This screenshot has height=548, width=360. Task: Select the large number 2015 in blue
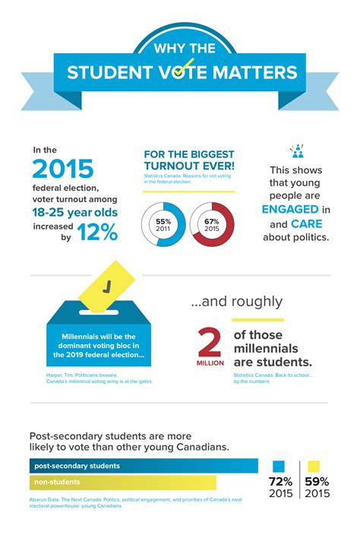(63, 168)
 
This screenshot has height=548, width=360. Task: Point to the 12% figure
(96, 233)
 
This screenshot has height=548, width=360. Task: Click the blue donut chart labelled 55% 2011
(163, 224)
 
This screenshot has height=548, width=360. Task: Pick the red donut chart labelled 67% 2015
(211, 224)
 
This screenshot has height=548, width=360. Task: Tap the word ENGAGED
(289, 208)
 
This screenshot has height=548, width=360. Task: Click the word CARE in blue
(305, 224)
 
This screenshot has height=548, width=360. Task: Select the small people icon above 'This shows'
(296, 150)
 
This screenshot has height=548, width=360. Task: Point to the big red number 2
(210, 343)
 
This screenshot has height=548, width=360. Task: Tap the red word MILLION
(210, 363)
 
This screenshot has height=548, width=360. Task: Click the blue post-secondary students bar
(144, 465)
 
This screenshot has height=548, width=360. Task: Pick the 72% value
(279, 482)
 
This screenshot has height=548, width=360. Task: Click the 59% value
(317, 482)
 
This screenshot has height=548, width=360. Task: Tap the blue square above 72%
(279, 466)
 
